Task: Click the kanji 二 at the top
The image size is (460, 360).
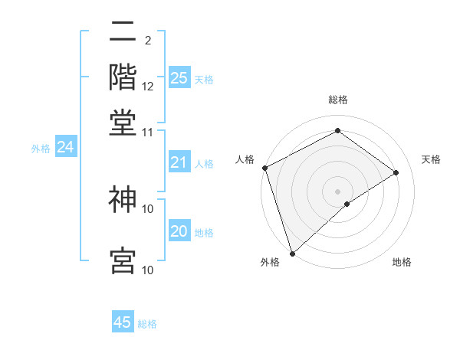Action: pyautogui.click(x=123, y=33)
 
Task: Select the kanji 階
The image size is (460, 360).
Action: pyautogui.click(x=123, y=77)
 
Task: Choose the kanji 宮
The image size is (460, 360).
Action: pyautogui.click(x=123, y=260)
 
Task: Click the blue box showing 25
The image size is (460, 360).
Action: pyautogui.click(x=179, y=77)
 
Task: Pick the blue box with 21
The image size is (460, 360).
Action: pyautogui.click(x=179, y=162)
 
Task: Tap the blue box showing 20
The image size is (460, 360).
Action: pyautogui.click(x=179, y=231)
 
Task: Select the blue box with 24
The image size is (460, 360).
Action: pyautogui.click(x=66, y=147)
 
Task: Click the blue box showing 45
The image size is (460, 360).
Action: pyautogui.click(x=123, y=322)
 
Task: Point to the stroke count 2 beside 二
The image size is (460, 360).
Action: pyautogui.click(x=147, y=39)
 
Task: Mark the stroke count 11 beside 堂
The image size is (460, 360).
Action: pyautogui.click(x=148, y=132)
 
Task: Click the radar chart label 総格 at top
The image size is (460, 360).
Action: pyautogui.click(x=337, y=100)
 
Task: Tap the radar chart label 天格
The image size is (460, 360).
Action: pyautogui.click(x=431, y=159)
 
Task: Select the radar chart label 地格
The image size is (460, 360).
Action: pyautogui.click(x=402, y=263)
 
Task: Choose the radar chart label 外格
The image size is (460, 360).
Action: pyautogui.click(x=270, y=263)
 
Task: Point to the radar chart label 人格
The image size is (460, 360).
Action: pyautogui.click(x=245, y=159)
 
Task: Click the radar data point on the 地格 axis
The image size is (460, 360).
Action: pyautogui.click(x=347, y=204)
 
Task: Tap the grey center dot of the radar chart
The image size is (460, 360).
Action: pyautogui.click(x=337, y=191)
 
